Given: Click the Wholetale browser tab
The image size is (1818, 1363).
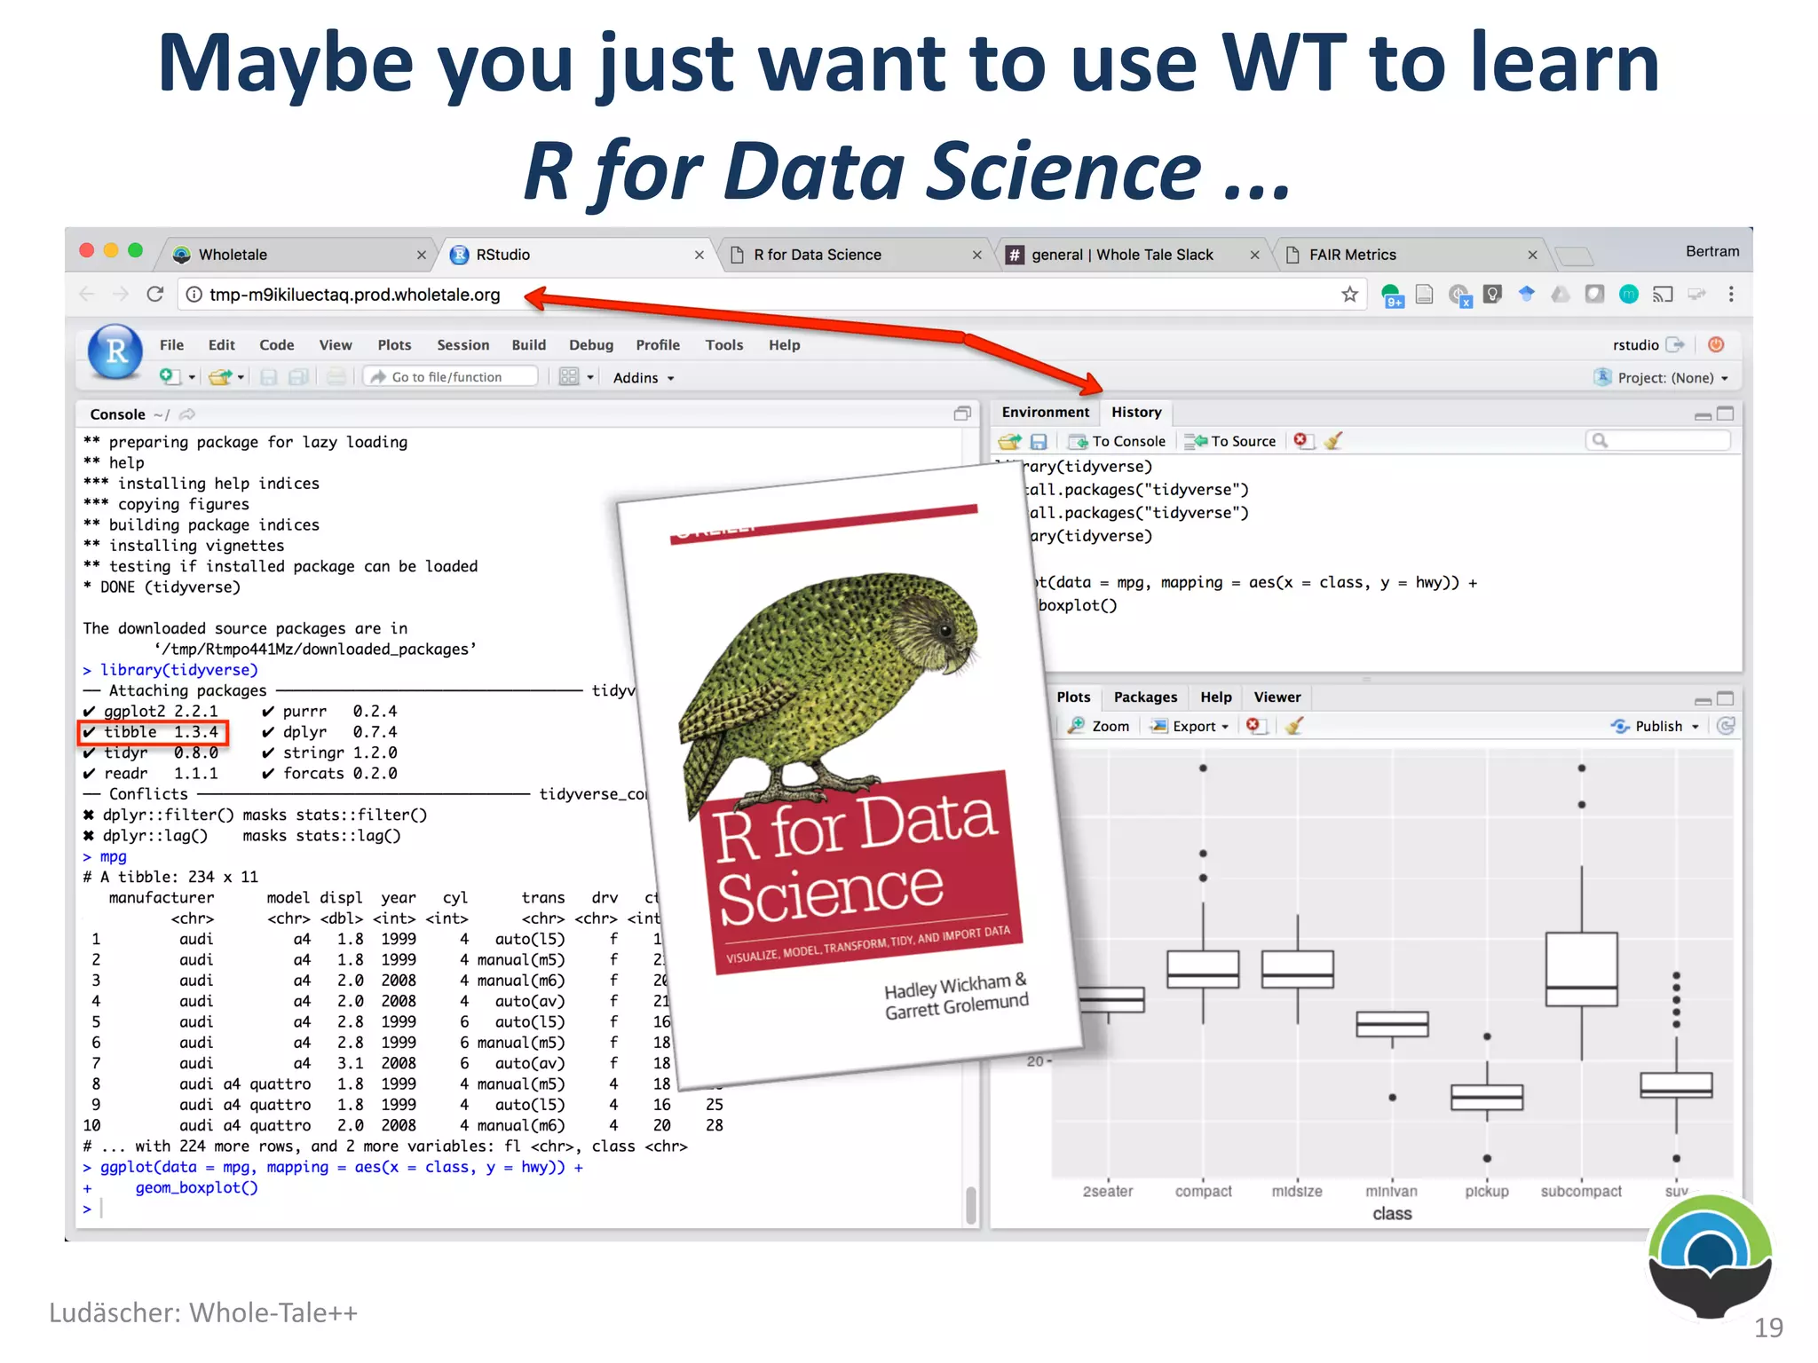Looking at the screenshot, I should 233,255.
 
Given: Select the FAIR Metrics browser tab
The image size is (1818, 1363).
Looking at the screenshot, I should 1352,255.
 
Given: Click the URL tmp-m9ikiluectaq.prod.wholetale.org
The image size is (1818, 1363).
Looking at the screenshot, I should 354,295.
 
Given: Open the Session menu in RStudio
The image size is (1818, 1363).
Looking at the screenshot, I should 462,345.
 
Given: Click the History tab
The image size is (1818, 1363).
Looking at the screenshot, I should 1135,413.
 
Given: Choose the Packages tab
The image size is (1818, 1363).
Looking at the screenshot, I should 1145,697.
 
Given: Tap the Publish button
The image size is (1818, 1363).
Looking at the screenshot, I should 1657,727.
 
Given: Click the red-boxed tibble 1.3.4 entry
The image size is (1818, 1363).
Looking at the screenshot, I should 154,732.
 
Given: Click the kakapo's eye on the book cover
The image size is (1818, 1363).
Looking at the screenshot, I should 945,631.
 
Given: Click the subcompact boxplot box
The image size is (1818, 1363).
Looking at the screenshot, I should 1581,968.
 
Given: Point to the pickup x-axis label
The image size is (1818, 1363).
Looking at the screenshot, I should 1486,1192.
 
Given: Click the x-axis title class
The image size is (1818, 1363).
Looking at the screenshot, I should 1391,1214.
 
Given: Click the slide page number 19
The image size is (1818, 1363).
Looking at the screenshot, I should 1767,1328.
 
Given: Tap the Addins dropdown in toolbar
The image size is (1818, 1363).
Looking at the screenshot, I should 643,378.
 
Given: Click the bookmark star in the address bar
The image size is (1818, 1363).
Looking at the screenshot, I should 1349,295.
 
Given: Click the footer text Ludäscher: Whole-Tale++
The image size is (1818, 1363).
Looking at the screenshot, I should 203,1312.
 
